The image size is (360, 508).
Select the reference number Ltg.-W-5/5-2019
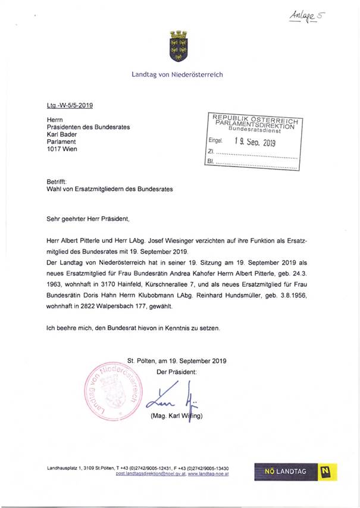(69, 105)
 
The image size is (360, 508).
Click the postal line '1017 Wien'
(61, 149)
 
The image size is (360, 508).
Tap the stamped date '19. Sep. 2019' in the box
(255, 143)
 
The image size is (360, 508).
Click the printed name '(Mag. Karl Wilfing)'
(177, 416)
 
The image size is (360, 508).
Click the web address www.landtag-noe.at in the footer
(208, 473)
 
